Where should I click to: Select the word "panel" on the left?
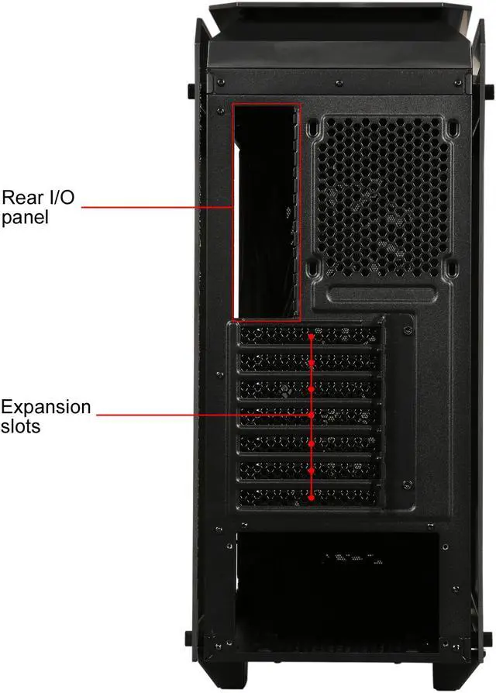tap(25, 217)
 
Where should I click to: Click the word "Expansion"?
tap(46, 407)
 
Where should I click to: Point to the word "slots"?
tap(21, 426)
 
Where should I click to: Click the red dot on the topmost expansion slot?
tap(312, 337)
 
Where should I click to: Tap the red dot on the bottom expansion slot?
tap(312, 498)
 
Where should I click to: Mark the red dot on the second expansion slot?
tap(312, 362)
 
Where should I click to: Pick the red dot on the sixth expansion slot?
tap(312, 471)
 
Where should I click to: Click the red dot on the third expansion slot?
tap(312, 389)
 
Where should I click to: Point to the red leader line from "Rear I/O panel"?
tap(155, 207)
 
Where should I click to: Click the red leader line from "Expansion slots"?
tap(201, 416)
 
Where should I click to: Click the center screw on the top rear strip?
tap(339, 80)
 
